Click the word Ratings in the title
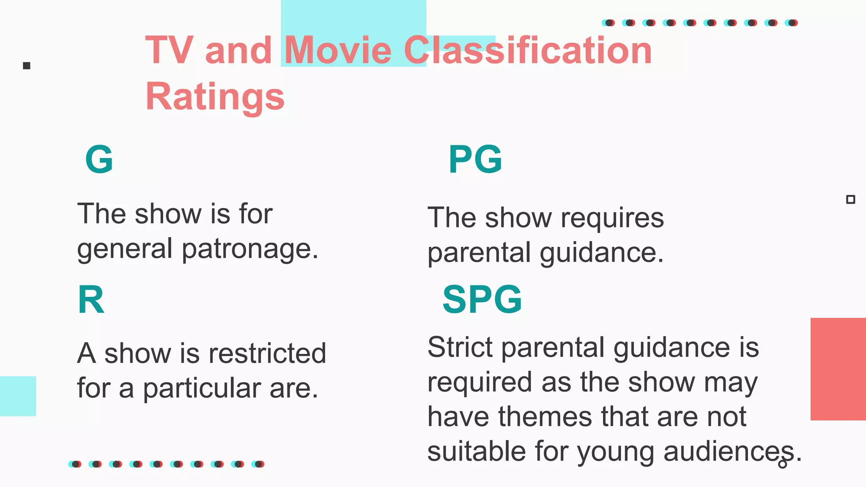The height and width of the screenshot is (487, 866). point(215,96)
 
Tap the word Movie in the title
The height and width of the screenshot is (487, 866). point(338,50)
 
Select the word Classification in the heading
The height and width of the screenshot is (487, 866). point(528,50)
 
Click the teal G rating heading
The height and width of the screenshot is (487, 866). point(99,159)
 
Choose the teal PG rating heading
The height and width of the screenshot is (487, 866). point(475,159)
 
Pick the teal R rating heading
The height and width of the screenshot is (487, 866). point(91,300)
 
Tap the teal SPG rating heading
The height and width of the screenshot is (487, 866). point(482,300)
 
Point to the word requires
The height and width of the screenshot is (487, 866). point(612,218)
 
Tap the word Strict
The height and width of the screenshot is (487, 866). point(460,347)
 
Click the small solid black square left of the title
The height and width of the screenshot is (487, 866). point(27,66)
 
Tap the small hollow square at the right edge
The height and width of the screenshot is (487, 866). point(851,200)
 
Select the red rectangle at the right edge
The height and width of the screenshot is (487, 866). point(838,369)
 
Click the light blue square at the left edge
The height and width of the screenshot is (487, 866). point(18,396)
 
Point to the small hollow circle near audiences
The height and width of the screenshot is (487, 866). point(783,464)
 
